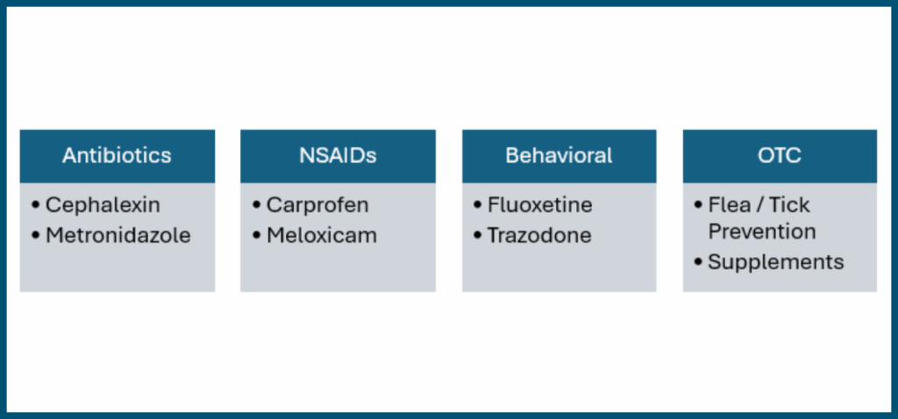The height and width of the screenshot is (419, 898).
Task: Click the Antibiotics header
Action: (x=117, y=156)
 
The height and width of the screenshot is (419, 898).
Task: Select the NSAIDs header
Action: (x=338, y=156)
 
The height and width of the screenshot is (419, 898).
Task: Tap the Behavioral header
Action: (x=559, y=156)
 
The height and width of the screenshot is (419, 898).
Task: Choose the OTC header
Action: (x=780, y=156)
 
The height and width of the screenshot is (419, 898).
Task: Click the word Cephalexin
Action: (x=103, y=205)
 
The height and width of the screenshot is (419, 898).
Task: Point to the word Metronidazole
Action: (x=118, y=235)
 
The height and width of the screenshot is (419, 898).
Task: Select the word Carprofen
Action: (x=317, y=205)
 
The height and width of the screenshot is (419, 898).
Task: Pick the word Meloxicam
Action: (x=322, y=235)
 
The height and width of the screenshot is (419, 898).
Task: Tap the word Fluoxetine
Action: (x=539, y=205)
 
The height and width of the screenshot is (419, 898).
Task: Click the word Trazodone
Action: (x=539, y=235)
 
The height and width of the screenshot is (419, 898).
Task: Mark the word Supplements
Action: (x=776, y=262)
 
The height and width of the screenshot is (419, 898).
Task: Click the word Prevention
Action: (x=762, y=231)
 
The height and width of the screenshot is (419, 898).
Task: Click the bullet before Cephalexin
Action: (x=35, y=205)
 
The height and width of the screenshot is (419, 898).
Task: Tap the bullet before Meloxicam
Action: (x=257, y=235)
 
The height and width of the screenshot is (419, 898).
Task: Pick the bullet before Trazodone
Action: (x=478, y=235)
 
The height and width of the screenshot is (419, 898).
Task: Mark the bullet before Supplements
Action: (x=698, y=262)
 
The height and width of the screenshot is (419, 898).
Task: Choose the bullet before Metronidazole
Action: (x=35, y=235)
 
